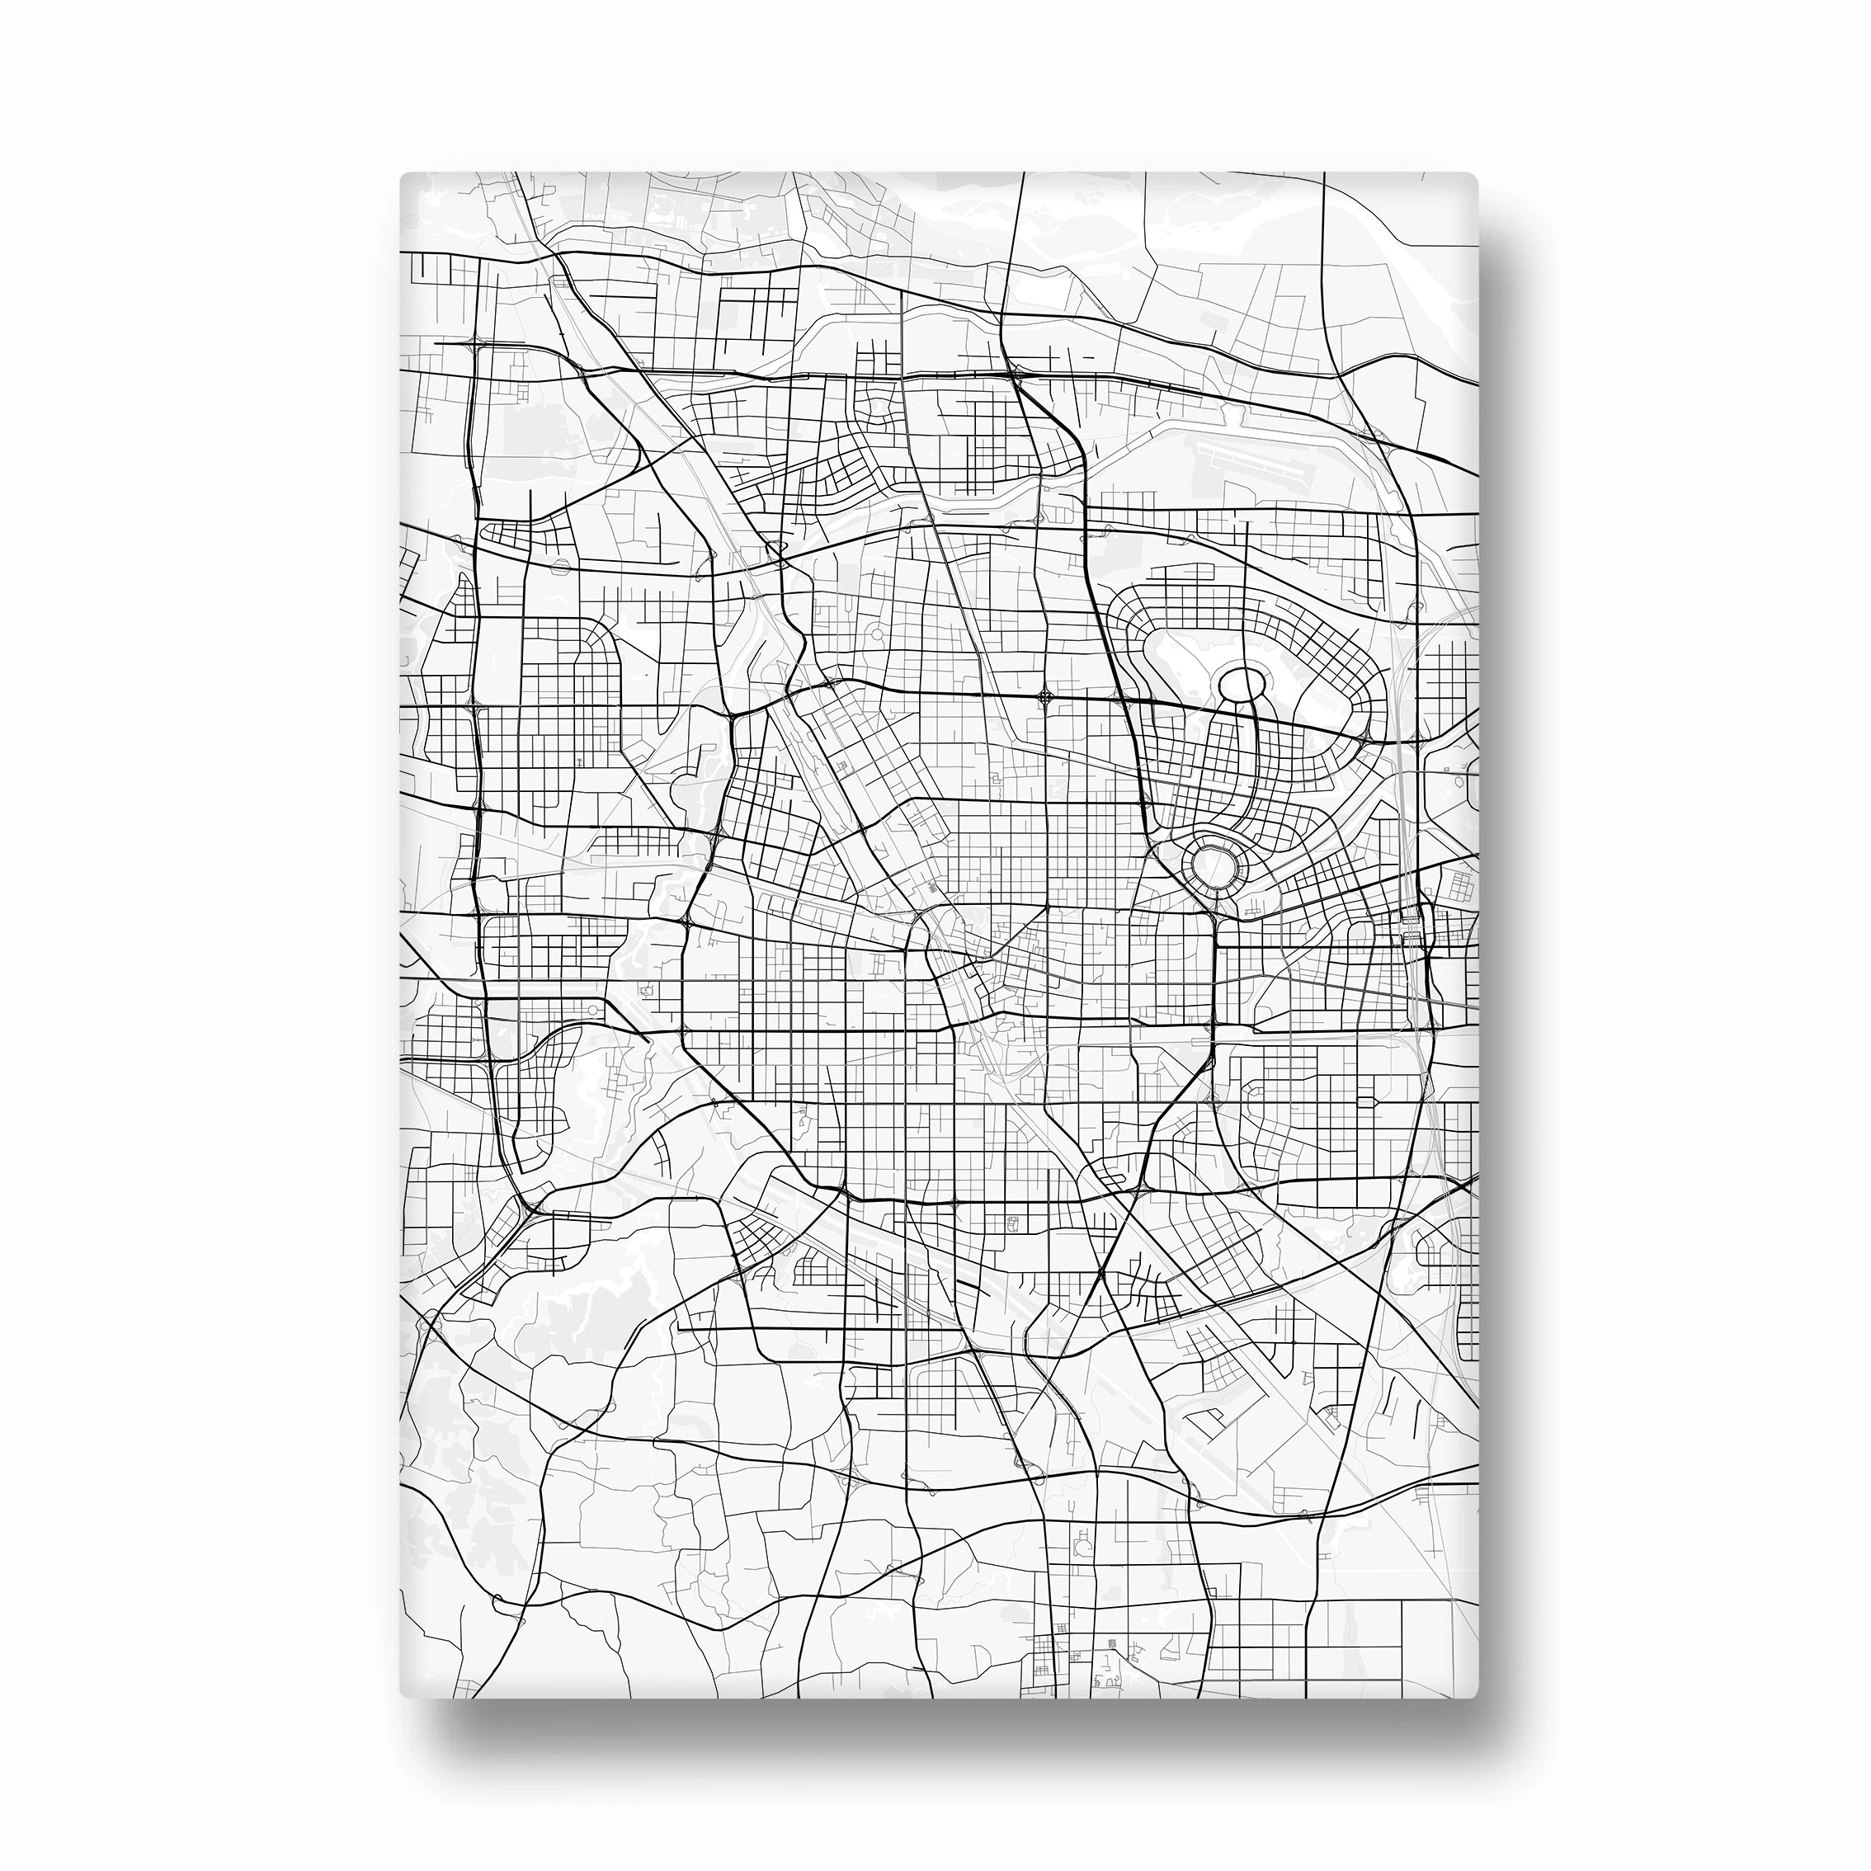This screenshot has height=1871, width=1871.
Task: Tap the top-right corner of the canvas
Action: (x=1476, y=175)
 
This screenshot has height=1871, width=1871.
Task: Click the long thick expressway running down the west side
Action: (x=477, y=775)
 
